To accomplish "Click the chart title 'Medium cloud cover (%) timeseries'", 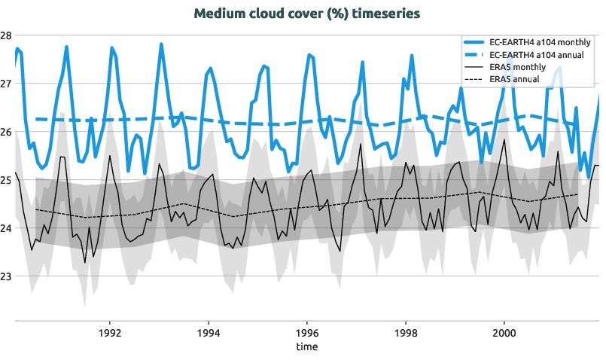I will point(306,14).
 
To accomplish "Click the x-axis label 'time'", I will point(306,347).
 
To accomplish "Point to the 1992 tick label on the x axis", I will point(110,333).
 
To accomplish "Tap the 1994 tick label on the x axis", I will point(208,333).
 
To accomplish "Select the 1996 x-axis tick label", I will point(306,333).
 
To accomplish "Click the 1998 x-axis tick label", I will point(405,333).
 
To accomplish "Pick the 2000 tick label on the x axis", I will point(503,333).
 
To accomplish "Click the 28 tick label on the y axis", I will point(6,35).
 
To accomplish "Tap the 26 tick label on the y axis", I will point(6,132).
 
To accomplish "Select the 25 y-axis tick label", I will point(6,180).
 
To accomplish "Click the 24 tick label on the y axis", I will point(6,228).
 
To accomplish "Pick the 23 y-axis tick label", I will point(6,276).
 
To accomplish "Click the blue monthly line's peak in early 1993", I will point(161,44).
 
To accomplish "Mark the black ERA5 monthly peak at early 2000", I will point(504,140).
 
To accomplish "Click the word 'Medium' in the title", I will point(218,14).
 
